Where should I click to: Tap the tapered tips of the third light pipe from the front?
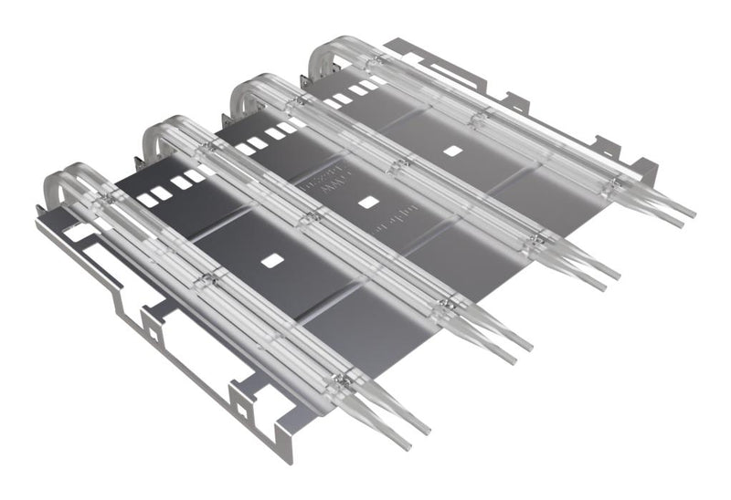pos(594,269)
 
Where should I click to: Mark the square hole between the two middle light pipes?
pos(369,203)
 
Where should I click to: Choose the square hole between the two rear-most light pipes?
pos(452,150)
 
